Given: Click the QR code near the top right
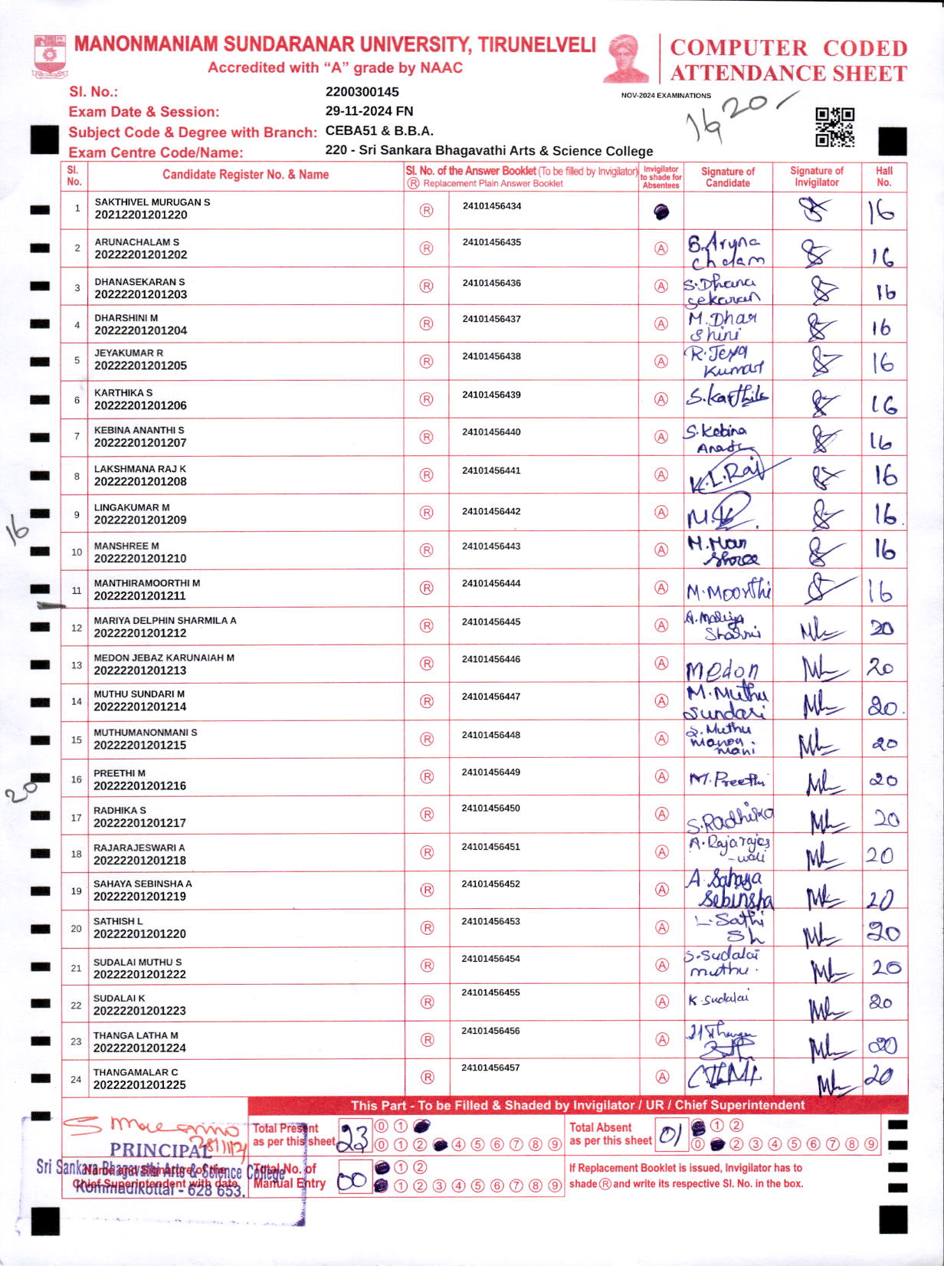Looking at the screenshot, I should coord(834,127).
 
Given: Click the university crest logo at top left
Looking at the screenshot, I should coord(51,56).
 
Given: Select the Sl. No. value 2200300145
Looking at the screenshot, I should coord(362,92).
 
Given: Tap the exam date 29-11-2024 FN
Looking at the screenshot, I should coord(369,111).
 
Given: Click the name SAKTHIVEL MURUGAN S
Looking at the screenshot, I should coord(152,202).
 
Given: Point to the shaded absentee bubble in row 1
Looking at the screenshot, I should coord(661,212).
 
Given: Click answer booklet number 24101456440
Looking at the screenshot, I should coord(491,432).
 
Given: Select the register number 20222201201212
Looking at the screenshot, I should coord(140,633).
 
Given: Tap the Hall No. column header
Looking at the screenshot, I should coord(883,176).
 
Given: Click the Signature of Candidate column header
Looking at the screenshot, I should coord(727,177).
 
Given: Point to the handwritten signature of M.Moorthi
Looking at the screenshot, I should coord(728,591).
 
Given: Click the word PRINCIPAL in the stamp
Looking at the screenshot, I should coord(160,1150).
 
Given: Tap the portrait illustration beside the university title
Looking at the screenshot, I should coord(628,58).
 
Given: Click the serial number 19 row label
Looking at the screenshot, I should coord(76,891).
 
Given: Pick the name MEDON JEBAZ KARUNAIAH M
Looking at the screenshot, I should coord(164,658).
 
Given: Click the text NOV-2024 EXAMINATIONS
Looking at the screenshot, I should coord(665,96).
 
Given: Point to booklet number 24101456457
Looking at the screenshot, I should coord(490,1068).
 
